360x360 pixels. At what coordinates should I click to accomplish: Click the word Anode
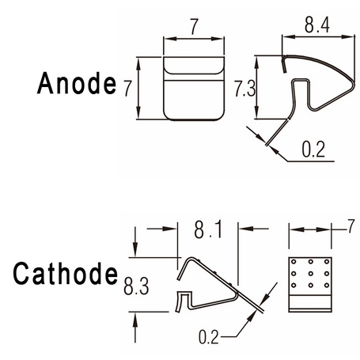(x=77, y=83)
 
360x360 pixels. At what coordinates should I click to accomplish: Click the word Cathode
(x=66, y=273)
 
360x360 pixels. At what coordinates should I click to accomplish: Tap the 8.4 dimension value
(x=317, y=25)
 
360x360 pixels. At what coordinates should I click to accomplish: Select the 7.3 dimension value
(x=245, y=89)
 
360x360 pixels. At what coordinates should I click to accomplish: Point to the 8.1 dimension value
(x=208, y=230)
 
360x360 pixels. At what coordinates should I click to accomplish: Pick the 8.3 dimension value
(x=136, y=286)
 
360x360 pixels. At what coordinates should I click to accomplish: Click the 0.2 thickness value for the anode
(x=313, y=150)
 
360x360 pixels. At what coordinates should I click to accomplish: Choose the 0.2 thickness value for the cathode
(x=209, y=337)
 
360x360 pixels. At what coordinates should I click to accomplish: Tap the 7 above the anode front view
(x=194, y=27)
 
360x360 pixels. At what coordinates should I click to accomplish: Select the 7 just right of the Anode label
(x=127, y=89)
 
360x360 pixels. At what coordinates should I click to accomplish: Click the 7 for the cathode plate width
(x=351, y=226)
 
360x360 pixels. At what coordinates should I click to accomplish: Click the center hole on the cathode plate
(x=310, y=273)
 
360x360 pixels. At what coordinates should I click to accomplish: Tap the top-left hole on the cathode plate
(x=294, y=262)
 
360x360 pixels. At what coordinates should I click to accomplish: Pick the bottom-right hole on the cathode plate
(x=327, y=285)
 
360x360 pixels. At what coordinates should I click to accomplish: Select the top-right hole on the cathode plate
(x=327, y=262)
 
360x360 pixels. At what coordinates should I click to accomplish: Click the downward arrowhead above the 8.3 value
(x=135, y=251)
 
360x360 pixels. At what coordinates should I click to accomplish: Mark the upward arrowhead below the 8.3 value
(x=135, y=319)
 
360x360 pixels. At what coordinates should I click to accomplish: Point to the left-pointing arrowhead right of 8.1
(x=246, y=229)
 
